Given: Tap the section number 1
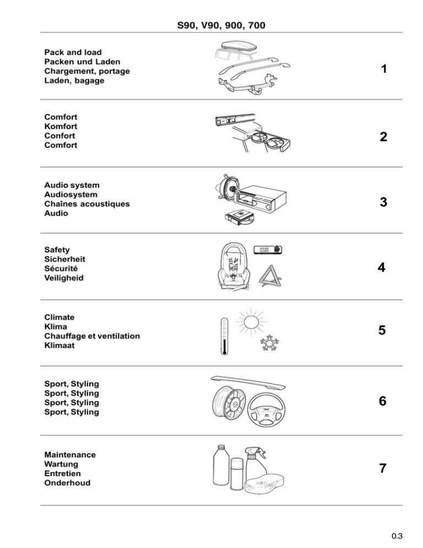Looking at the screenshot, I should point(383,70).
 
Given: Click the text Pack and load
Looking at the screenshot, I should point(73,52).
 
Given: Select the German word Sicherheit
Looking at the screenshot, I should point(65,259).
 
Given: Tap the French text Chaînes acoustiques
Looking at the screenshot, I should point(86,204).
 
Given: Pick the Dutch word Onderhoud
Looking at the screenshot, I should point(67,483).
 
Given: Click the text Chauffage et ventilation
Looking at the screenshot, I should point(91,336).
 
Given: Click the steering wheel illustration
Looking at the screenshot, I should point(267,409).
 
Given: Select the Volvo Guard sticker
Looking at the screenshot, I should point(267,249).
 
